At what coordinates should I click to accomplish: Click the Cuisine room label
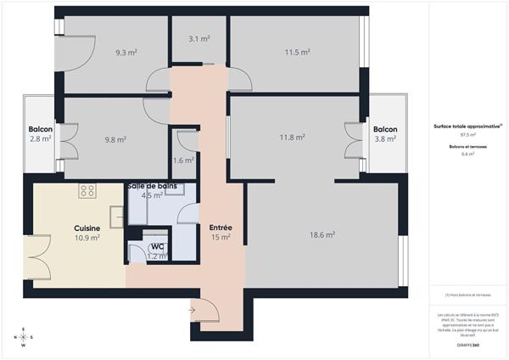87,228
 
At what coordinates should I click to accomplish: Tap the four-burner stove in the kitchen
87,191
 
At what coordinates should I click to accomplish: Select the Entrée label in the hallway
221,228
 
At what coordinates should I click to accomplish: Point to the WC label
157,247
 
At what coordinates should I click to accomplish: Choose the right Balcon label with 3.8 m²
385,130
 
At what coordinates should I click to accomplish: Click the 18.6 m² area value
322,234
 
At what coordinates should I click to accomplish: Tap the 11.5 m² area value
297,52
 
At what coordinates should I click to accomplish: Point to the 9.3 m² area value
126,52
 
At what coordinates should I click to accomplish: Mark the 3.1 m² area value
199,38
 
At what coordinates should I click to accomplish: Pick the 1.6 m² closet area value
183,160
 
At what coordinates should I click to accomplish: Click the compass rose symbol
24,337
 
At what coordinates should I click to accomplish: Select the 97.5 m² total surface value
467,134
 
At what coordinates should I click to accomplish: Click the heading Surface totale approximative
467,125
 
